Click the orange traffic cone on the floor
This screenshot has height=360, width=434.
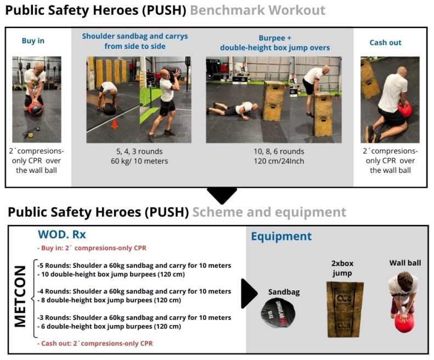point(114,124)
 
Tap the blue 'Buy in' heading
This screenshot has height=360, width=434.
point(33,41)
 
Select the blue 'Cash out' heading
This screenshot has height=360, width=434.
point(385,42)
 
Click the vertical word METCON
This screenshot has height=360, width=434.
point(20,296)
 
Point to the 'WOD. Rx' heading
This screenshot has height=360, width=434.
point(61,234)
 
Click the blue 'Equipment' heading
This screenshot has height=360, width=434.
point(281,237)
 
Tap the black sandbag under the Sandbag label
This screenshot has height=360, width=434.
point(278,313)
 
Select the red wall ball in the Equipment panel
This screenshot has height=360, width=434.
point(404,323)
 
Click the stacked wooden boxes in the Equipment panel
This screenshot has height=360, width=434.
point(345,310)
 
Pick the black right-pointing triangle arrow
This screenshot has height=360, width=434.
point(249,294)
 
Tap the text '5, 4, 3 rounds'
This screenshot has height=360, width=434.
point(139,151)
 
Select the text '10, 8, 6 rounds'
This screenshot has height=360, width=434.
point(279,151)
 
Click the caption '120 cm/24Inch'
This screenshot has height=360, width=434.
point(279,161)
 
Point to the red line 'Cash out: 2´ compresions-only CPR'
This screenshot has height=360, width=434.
point(95,344)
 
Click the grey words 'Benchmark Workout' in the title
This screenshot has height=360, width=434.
point(258,10)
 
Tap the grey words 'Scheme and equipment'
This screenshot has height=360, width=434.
point(269,212)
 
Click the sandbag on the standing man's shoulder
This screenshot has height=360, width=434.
point(171,72)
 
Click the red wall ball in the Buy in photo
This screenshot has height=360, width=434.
point(36,109)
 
